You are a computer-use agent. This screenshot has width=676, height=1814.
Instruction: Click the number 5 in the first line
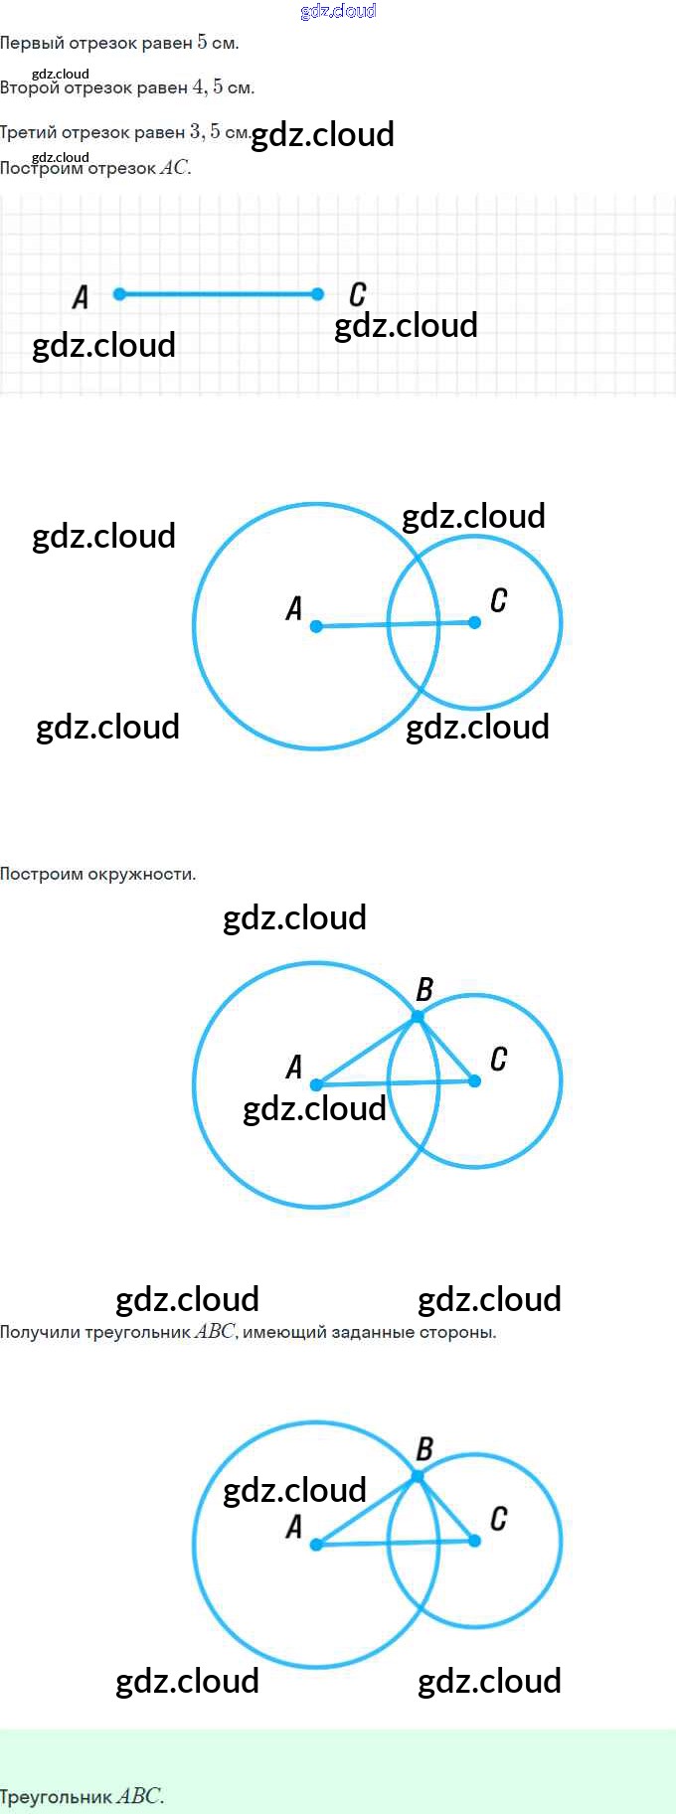[x=202, y=42]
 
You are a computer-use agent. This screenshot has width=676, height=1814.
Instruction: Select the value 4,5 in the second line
[x=207, y=86]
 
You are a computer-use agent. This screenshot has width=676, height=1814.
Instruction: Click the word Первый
[x=32, y=43]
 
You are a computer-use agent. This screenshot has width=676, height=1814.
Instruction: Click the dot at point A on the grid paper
[x=119, y=294]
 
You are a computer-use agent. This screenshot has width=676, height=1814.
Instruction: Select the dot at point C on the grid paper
[x=317, y=294]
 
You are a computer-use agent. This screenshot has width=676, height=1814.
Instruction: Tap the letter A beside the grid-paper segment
[x=81, y=296]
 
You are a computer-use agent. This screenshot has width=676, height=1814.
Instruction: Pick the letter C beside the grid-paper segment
[x=357, y=294]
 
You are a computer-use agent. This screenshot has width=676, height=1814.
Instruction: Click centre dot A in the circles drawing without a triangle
[x=316, y=626]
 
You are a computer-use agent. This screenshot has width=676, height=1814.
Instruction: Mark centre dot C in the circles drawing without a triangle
[x=474, y=622]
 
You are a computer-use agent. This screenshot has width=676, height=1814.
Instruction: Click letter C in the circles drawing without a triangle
[x=498, y=600]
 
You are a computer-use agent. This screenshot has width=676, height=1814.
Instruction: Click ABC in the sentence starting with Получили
[x=215, y=1332]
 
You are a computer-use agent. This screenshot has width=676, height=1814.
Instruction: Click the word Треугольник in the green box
[x=56, y=1797]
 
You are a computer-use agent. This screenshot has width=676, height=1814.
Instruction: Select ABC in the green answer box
[x=138, y=1797]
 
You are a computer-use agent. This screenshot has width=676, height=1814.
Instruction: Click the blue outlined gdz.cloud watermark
[x=338, y=11]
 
